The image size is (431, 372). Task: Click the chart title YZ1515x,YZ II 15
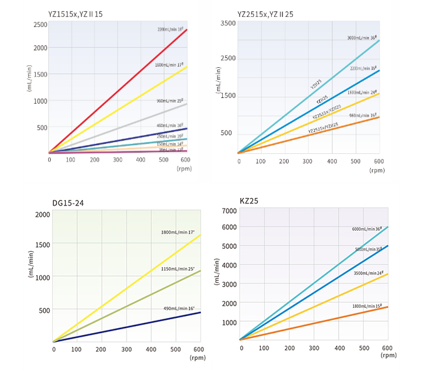tap(75, 13)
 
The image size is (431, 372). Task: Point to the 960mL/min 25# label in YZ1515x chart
tap(169, 100)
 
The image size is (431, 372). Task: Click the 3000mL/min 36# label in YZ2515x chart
tap(361, 37)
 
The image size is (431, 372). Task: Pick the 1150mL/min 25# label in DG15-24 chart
tap(178, 269)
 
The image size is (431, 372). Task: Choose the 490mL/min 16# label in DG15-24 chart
tap(179, 308)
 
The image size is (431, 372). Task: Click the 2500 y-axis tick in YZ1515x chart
tap(40, 25)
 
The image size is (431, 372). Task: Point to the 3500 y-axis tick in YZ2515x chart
tap(228, 23)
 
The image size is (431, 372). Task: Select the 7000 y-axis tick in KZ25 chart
tap(228, 209)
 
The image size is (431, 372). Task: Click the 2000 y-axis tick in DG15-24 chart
tap(41, 214)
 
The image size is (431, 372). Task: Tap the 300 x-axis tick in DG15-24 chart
tap(127, 349)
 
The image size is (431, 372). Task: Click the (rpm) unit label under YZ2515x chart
tap(377, 170)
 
